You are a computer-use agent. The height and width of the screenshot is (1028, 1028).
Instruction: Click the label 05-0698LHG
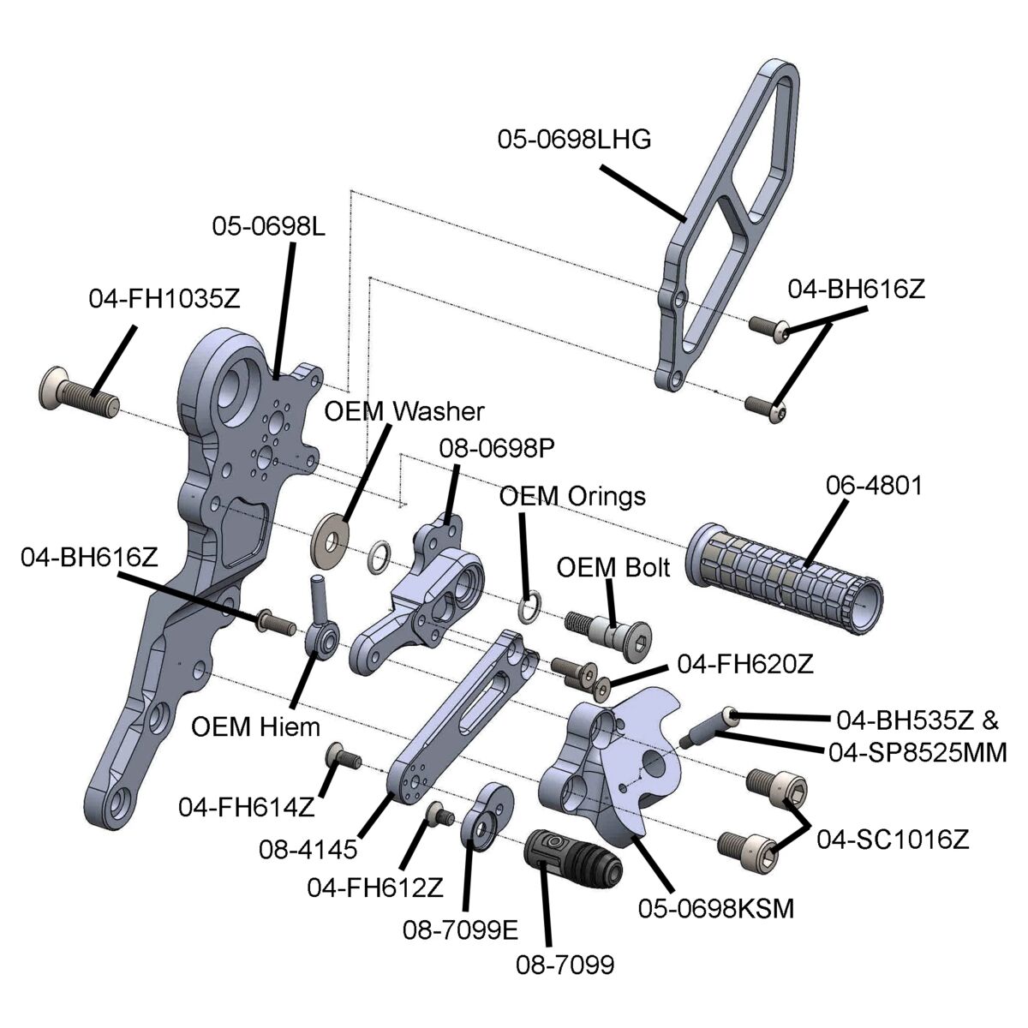point(575,140)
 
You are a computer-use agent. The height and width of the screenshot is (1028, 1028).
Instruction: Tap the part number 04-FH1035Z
point(164,299)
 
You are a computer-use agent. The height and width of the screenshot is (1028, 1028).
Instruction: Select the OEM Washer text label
point(404,412)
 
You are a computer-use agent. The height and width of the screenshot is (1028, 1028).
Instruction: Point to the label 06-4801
point(873,486)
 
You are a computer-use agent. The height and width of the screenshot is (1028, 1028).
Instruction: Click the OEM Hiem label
point(255,727)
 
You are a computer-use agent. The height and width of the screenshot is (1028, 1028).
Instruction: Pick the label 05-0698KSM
point(716,909)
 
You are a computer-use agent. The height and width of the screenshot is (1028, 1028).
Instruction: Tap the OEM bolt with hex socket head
point(609,634)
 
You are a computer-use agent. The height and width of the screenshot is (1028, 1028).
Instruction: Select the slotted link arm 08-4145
point(463,716)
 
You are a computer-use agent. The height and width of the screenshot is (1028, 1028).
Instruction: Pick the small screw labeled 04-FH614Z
point(343,757)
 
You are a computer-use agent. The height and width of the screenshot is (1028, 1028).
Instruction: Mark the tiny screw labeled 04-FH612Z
point(440,815)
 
